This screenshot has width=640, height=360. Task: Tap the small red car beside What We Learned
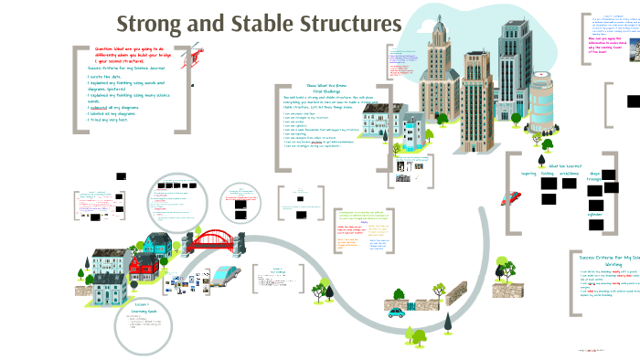tap(512, 198)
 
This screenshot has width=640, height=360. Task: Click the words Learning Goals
tap(144, 311)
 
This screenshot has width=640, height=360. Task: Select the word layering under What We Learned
tap(528, 172)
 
